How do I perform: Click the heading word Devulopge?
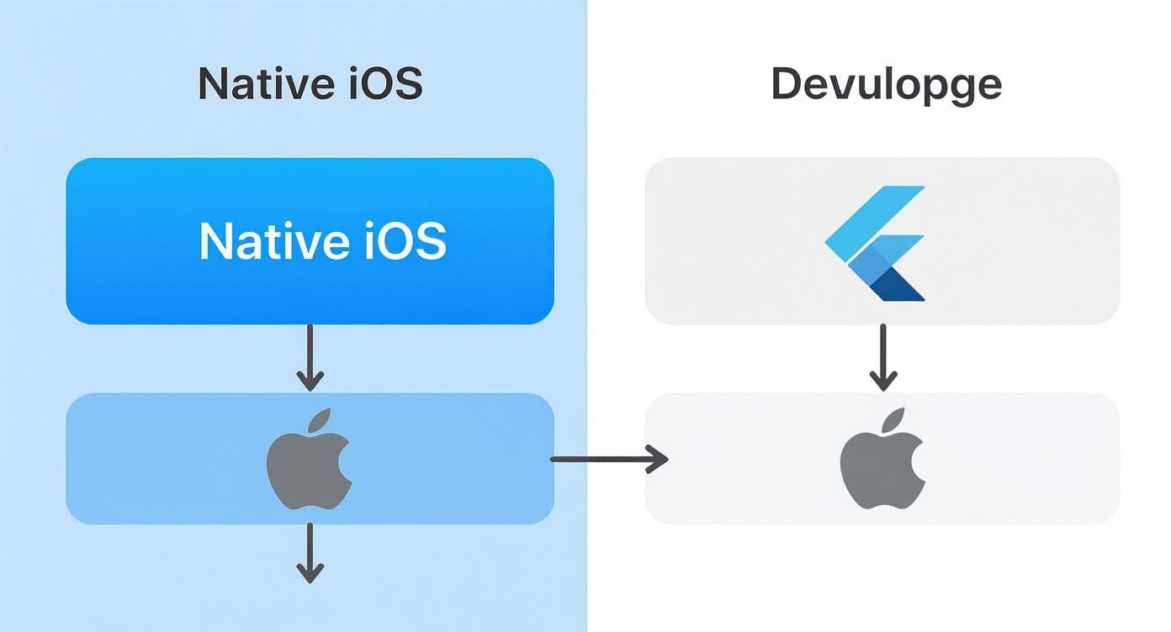pos(886,85)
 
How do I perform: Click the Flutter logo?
pos(876,243)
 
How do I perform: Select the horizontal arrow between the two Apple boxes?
pos(608,459)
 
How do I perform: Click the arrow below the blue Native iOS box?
pos(310,357)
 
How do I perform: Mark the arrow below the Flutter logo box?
pos(882,357)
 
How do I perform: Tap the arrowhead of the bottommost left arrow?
pos(310,572)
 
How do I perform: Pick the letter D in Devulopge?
pos(786,84)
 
